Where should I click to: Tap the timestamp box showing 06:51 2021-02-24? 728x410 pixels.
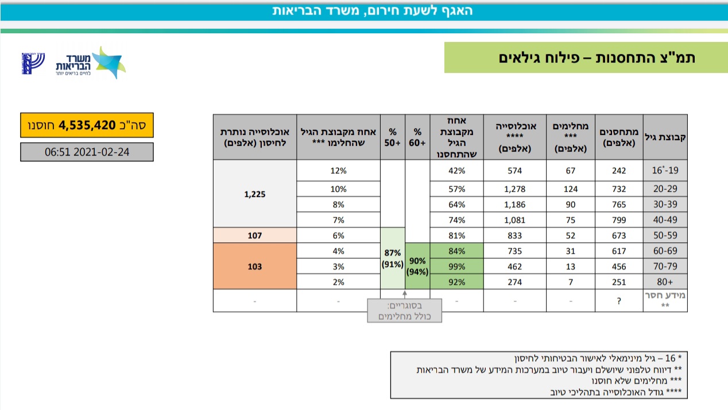tap(87, 152)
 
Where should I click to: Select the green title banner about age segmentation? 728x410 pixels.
tap(578, 57)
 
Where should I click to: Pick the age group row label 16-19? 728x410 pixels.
tap(665, 171)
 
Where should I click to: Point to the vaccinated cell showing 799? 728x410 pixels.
tap(618, 219)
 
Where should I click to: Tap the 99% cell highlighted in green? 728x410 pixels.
tap(456, 266)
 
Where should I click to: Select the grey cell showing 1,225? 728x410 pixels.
tap(254, 194)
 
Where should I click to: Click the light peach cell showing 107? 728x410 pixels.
tap(254, 235)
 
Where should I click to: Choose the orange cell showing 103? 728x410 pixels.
tap(254, 266)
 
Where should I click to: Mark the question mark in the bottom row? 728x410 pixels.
tap(618, 301)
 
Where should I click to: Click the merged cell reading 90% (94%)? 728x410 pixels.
tap(417, 266)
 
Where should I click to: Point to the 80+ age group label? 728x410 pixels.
tap(665, 282)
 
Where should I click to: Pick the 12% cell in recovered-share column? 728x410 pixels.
tap(338, 171)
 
